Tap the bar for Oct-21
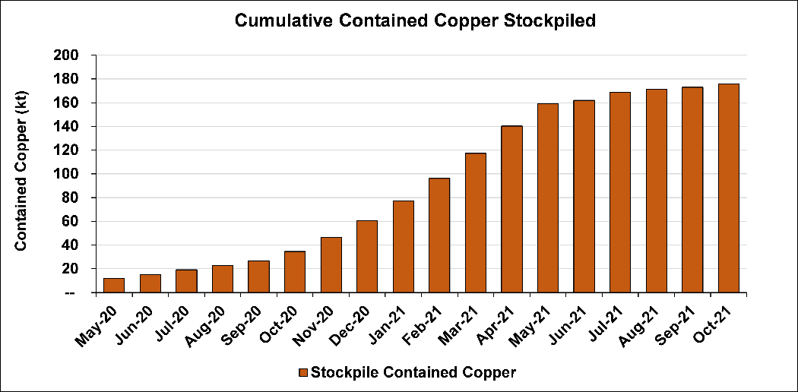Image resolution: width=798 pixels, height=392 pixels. (728, 188)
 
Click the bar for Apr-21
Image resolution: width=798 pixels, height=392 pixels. (511, 209)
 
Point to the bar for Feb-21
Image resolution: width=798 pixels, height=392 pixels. (439, 236)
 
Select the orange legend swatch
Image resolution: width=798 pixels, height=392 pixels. (302, 373)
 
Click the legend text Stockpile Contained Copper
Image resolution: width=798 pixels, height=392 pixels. (414, 373)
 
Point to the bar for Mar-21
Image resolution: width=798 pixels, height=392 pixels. (476, 223)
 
